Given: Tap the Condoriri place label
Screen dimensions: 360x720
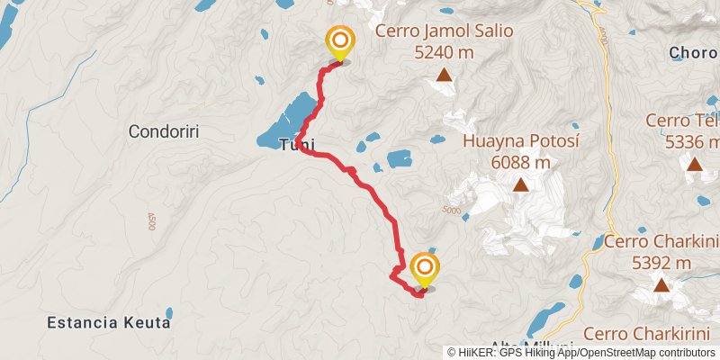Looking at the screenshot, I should click(163, 131).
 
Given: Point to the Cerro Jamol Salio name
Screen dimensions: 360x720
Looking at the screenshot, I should click(444, 31).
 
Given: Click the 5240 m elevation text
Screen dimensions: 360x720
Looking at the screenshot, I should click(444, 52).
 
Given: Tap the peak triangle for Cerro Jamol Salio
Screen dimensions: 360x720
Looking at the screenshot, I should click(444, 75).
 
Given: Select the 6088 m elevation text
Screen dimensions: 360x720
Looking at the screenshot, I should click(520, 163).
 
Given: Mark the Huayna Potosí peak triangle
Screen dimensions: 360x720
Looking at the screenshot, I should click(520, 185).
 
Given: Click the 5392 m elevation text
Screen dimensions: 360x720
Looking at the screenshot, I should click(661, 263).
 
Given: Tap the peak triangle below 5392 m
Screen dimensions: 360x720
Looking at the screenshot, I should click(661, 286).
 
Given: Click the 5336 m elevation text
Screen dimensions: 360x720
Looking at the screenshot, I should click(692, 141).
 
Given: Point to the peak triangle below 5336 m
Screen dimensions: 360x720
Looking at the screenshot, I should click(695, 164).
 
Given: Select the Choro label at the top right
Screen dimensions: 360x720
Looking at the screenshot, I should click(694, 53).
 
